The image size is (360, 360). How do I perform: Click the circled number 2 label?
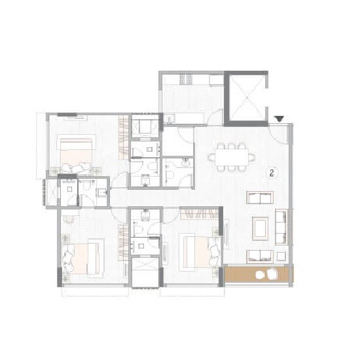tap(271, 173)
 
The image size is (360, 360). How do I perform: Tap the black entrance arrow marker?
tap(279, 118)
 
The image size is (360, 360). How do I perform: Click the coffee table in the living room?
tap(259, 226)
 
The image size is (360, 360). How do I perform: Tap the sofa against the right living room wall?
tap(282, 226)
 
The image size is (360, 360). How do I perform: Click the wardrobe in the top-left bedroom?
tap(123, 135)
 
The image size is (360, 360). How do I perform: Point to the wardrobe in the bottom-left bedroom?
tap(123, 242)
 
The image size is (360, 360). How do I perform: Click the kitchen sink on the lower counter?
tap(170, 118)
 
